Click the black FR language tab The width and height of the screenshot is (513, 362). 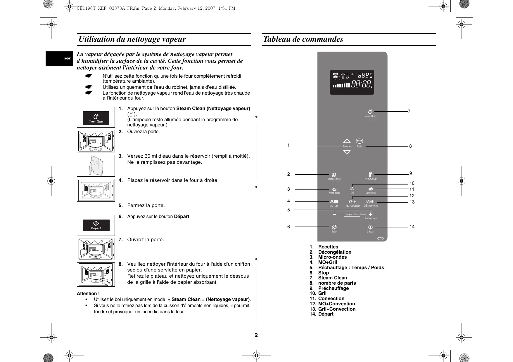(x=59, y=58)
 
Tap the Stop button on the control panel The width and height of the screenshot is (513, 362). (x=334, y=227)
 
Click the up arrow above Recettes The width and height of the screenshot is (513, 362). (x=347, y=141)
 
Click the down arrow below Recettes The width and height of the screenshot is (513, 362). (x=347, y=152)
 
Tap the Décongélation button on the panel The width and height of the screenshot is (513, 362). (x=334, y=175)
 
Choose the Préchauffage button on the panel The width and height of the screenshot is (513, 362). (x=370, y=175)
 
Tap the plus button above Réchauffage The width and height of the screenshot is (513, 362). (x=370, y=214)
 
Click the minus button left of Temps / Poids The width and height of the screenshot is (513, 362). (x=334, y=214)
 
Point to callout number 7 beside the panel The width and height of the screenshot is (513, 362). (x=409, y=112)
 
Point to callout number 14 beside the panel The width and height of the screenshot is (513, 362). (x=412, y=227)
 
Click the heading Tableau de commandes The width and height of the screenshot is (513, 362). (x=303, y=39)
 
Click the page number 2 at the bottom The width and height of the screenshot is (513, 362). (x=256, y=335)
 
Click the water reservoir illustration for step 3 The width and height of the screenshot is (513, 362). (x=96, y=166)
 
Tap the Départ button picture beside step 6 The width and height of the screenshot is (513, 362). (x=96, y=225)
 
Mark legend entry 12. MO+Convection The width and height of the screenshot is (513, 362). (x=332, y=304)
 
